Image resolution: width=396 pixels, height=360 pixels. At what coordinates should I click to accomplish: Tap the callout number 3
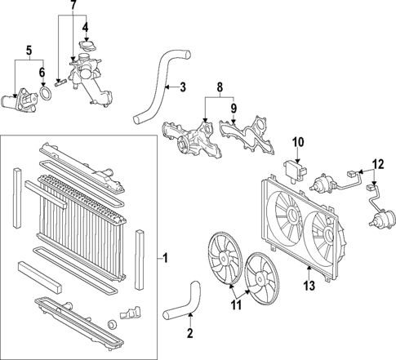click(x=183, y=87)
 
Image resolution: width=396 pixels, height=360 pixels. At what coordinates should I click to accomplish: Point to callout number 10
click(x=298, y=143)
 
